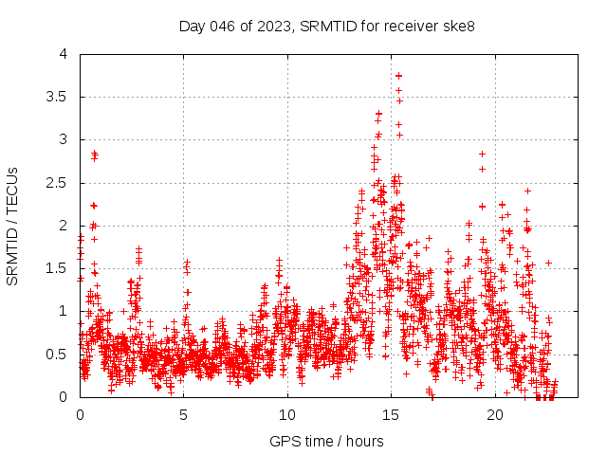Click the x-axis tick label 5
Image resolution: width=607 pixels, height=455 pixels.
pos(184,415)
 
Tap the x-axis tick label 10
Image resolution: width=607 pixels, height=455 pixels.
pos(287,415)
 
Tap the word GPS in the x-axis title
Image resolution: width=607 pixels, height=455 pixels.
pos(284,442)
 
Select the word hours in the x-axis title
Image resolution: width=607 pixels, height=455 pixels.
pos(364,442)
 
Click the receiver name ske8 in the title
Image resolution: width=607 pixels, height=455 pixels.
pos(441,26)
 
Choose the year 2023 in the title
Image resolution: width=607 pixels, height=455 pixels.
pos(272,26)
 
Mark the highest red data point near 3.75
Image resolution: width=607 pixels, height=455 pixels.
pos(398,76)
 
